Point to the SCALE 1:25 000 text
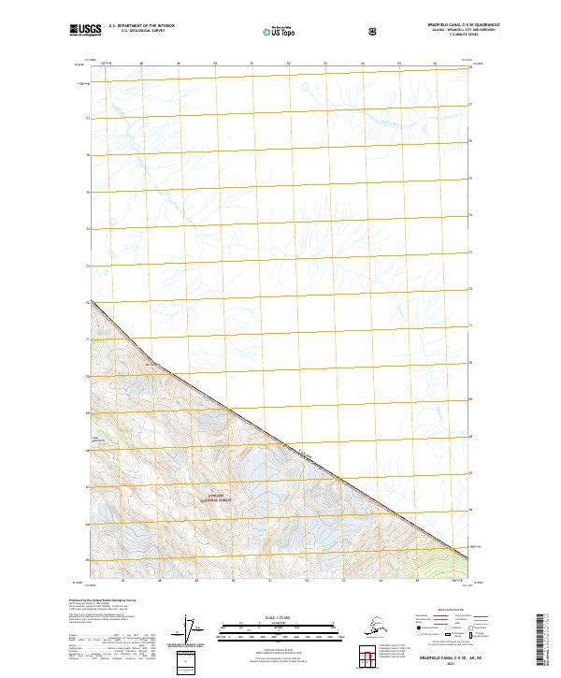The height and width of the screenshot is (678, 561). (280, 617)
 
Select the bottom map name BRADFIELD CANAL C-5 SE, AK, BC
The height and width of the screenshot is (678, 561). (443, 656)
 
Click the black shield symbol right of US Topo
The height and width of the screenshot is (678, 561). (372, 31)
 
